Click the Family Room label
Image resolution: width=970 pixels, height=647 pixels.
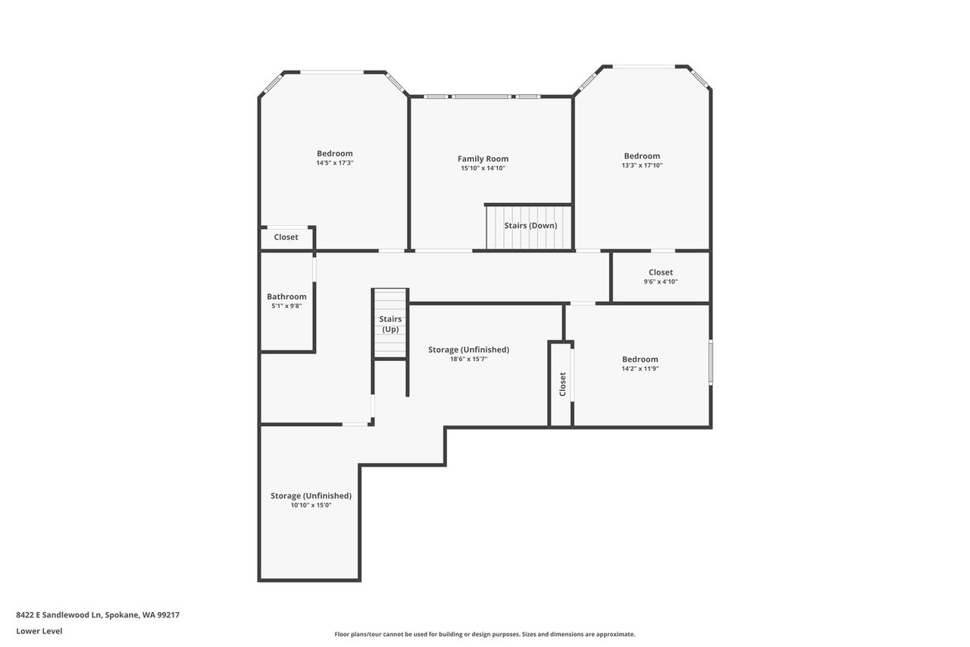(x=483, y=159)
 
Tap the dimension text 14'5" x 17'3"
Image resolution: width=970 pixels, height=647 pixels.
(x=335, y=163)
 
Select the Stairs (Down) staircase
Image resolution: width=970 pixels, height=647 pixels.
(x=529, y=228)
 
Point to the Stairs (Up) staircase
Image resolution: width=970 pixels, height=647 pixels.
(x=390, y=323)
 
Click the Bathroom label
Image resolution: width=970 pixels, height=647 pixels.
(x=286, y=297)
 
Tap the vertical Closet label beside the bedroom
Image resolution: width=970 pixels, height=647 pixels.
(x=562, y=384)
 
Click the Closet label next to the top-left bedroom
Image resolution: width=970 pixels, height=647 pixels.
(x=286, y=237)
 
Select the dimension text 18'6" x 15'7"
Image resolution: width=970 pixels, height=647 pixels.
(x=468, y=359)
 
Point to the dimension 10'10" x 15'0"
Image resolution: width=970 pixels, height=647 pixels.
(x=311, y=505)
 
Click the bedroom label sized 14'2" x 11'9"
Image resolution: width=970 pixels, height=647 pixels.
(x=640, y=360)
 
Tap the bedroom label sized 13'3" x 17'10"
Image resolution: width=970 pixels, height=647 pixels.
(x=642, y=156)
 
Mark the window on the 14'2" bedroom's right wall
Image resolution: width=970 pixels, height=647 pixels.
(x=711, y=363)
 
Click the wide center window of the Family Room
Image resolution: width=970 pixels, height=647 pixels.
(x=481, y=96)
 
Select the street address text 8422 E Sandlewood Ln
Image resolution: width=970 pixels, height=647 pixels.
(x=58, y=614)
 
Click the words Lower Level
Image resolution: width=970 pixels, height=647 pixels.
(x=39, y=631)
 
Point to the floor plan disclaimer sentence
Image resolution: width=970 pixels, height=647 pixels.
(x=484, y=634)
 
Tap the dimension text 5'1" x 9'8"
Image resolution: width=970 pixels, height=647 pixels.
(x=286, y=306)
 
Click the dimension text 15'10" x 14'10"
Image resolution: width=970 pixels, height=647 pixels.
(x=483, y=168)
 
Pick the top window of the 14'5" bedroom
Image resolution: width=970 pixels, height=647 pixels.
(x=332, y=72)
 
